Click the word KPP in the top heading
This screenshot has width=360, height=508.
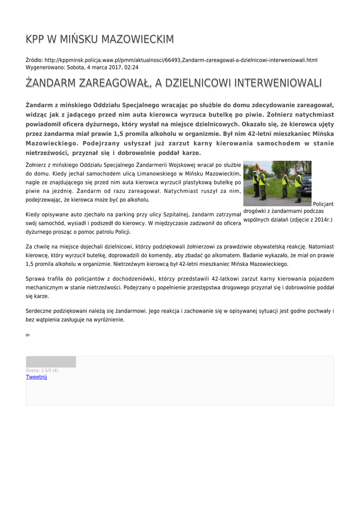(36, 39)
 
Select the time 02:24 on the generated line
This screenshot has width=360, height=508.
(131, 67)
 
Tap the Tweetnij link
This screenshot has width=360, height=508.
(36, 377)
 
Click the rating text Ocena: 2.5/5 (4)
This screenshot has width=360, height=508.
(42, 370)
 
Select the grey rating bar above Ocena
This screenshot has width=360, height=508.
(51, 362)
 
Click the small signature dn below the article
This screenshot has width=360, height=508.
(27, 335)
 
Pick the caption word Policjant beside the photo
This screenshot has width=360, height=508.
(323, 204)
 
